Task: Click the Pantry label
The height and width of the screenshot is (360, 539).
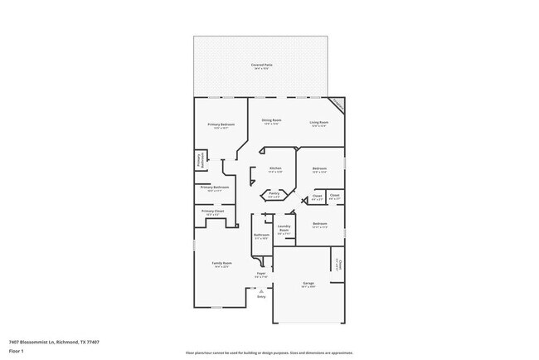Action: (x=274, y=195)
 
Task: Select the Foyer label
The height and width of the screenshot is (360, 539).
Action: (x=260, y=273)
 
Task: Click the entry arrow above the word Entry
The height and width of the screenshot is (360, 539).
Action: (x=261, y=290)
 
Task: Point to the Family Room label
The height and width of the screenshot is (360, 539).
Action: (x=221, y=264)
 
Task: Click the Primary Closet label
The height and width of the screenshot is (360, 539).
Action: (x=213, y=212)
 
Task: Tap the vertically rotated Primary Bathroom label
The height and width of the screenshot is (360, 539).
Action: (x=199, y=159)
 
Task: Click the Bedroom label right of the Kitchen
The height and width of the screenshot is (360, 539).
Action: (x=319, y=169)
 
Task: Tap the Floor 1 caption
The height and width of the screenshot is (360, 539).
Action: (x=17, y=351)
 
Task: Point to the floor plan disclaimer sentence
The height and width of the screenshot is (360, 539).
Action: (x=269, y=352)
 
